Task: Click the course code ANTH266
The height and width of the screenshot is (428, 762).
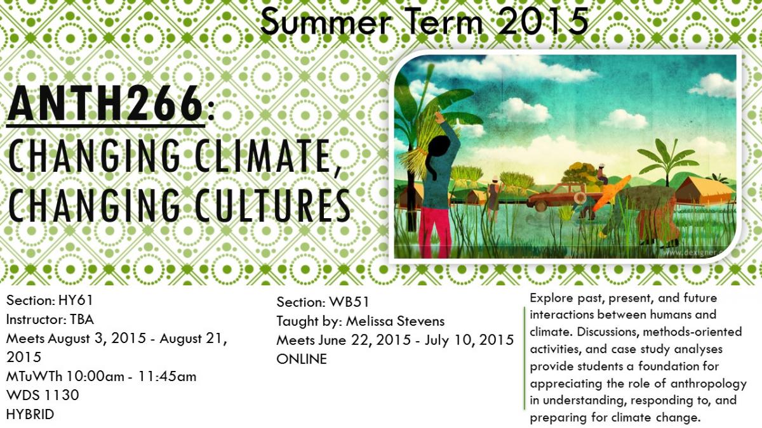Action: [x=105, y=103]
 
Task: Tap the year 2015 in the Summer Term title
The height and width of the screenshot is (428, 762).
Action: [x=544, y=22]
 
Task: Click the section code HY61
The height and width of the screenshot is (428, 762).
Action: [x=76, y=301]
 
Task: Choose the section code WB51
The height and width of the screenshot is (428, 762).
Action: [x=349, y=302]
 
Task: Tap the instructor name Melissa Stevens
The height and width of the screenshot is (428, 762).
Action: [x=395, y=321]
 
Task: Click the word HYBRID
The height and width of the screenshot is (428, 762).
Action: [x=30, y=415]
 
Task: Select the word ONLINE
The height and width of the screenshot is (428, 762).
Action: [x=302, y=359]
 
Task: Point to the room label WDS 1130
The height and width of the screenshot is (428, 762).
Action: [x=43, y=395]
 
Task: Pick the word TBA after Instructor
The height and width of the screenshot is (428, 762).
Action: [x=82, y=320]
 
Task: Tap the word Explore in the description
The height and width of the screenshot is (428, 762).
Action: [x=551, y=298]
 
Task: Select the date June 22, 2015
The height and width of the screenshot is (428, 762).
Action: [x=364, y=340]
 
